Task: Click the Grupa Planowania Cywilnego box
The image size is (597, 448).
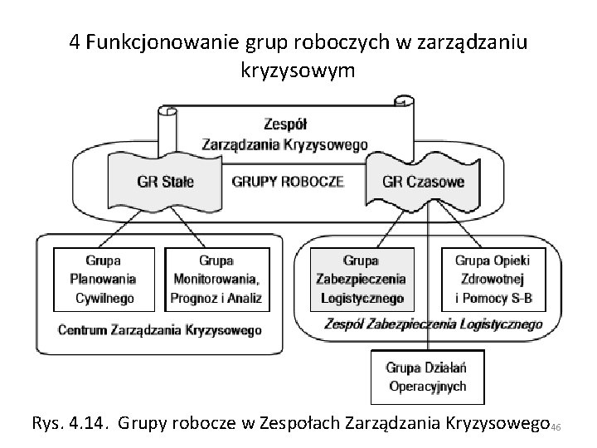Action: (x=103, y=279)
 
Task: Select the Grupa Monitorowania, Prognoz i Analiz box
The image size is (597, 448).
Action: (x=216, y=279)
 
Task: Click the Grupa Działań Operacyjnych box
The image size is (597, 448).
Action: (x=427, y=377)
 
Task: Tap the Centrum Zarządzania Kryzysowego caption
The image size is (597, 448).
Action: (x=159, y=329)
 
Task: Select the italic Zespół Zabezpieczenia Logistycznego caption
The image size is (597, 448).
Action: (x=434, y=324)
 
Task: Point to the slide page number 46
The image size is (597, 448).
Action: (x=556, y=427)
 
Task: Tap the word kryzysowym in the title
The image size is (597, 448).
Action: (x=298, y=71)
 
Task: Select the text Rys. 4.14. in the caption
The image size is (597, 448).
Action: (x=69, y=423)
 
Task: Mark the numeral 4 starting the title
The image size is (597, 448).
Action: (x=76, y=44)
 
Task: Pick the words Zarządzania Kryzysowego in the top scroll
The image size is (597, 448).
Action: (x=284, y=144)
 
